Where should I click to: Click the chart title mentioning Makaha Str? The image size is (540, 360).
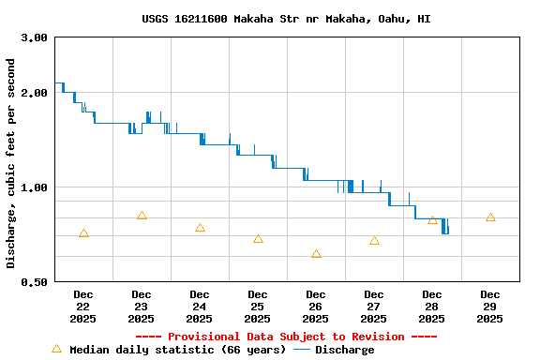point(287,19)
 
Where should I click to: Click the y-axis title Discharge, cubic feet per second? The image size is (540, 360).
point(11,163)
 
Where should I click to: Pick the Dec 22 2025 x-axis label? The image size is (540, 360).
point(82,307)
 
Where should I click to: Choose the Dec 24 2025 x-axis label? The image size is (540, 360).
point(199,307)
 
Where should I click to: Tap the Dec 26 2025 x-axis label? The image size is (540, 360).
point(315,307)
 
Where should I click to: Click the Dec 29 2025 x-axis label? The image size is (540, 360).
point(489,307)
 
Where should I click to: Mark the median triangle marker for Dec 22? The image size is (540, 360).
point(83,233)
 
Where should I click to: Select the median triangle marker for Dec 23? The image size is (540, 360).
point(142,216)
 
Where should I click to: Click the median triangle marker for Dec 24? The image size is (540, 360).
point(200,228)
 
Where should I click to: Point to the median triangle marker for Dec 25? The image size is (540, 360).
point(258,239)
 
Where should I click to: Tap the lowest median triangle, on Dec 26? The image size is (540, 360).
point(316,254)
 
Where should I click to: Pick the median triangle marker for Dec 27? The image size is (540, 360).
point(374,241)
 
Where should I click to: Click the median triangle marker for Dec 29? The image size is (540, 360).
point(490,217)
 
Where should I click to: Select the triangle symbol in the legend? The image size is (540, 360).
point(56,349)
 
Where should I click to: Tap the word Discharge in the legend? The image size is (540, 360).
point(344,350)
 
